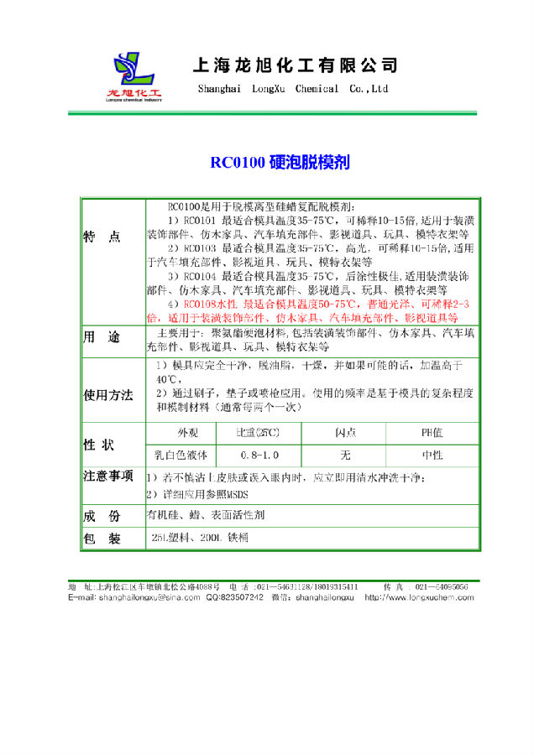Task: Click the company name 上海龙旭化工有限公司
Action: tap(295, 65)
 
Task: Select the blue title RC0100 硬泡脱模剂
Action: tap(267, 162)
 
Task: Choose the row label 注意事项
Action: tap(108, 476)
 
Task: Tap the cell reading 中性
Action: tap(432, 455)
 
